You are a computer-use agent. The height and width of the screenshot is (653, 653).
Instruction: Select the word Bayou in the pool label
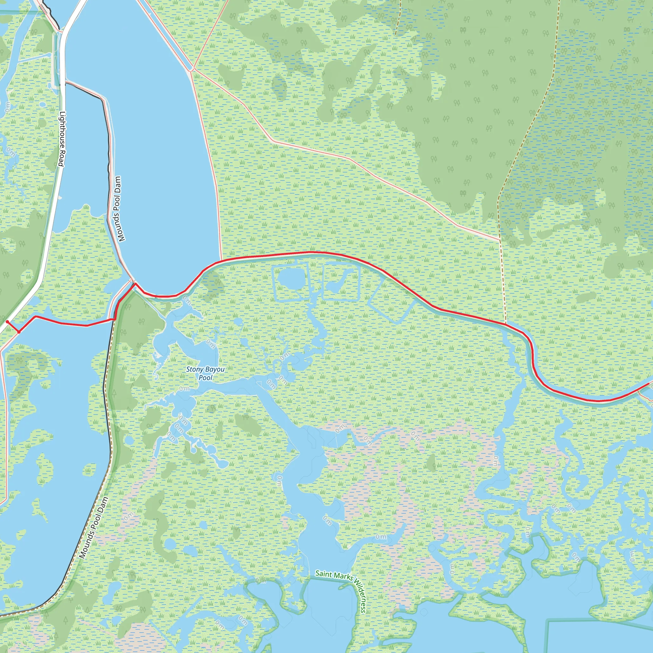[215, 370]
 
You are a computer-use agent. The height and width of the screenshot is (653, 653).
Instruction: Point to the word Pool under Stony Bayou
[206, 378]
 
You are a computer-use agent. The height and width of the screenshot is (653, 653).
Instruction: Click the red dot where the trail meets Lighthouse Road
[7, 322]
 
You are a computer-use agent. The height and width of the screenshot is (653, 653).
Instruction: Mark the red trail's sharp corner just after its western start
[19, 332]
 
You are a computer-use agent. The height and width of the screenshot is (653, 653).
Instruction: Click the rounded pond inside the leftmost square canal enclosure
[288, 280]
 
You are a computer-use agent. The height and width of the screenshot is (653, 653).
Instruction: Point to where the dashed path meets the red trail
[506, 324]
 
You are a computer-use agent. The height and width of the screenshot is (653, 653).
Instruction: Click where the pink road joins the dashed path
[500, 240]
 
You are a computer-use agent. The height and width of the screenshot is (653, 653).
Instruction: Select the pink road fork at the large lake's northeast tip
[192, 69]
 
